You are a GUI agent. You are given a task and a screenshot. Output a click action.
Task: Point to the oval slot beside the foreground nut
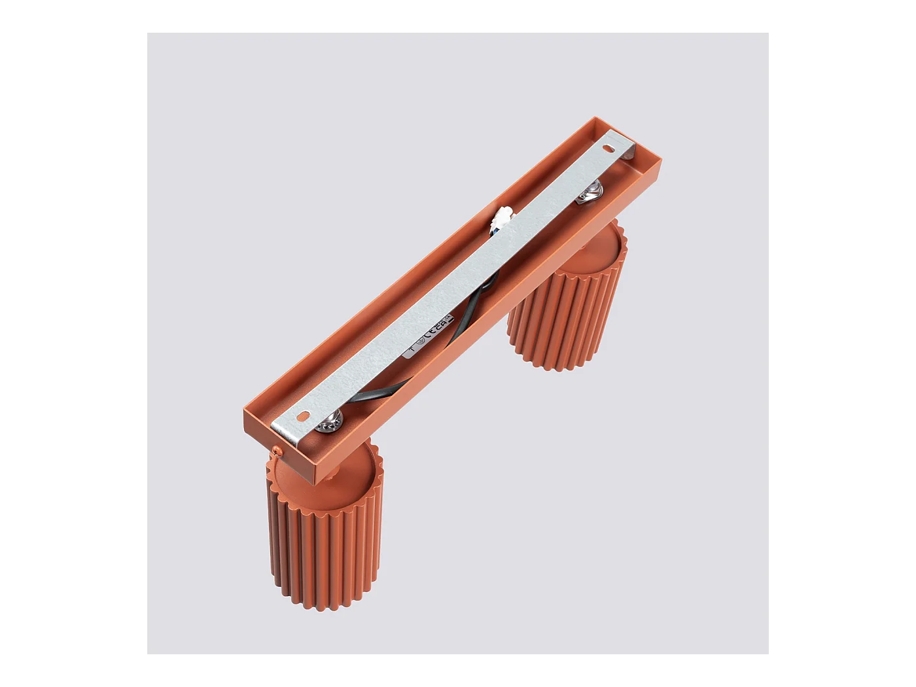[302, 415]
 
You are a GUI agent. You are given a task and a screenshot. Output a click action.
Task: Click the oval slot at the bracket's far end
[611, 148]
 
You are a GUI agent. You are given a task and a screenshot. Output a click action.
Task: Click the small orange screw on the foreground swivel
[277, 450]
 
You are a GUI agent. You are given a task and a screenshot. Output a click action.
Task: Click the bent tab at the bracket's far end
[629, 150]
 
